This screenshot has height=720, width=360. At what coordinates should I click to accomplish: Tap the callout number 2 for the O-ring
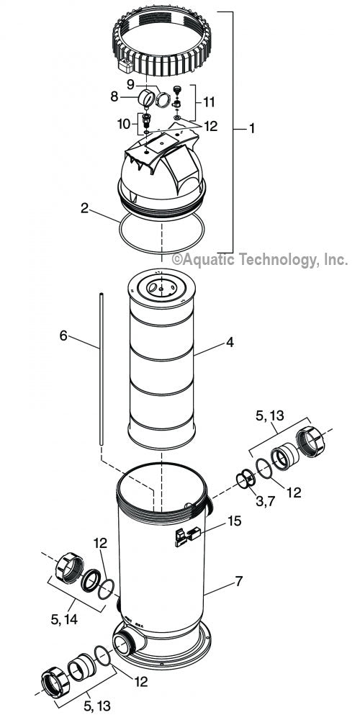[84, 210]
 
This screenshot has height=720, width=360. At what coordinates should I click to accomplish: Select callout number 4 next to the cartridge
[230, 343]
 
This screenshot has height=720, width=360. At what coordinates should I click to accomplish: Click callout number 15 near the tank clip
[235, 520]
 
